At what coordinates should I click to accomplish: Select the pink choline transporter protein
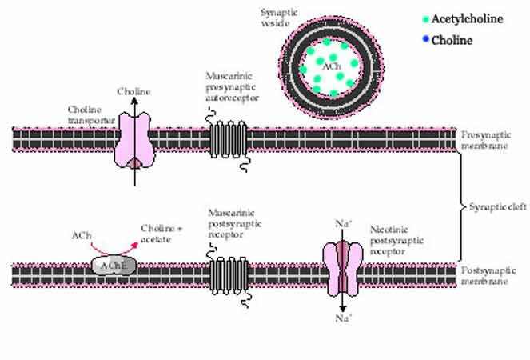[x=135, y=139]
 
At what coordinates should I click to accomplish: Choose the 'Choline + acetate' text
[x=162, y=234]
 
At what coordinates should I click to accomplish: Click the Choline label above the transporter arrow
[x=133, y=92]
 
